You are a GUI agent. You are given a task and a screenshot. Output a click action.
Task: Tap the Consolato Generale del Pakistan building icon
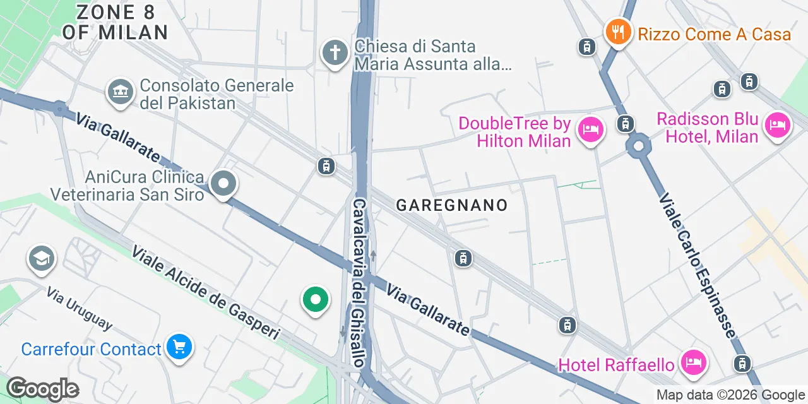coord(119,92)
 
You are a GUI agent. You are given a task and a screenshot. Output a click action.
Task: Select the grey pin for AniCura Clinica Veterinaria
coord(223,184)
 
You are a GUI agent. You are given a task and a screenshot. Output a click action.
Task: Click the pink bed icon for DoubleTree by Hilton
coord(590,130)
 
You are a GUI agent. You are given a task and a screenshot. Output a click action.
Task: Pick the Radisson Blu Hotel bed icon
coord(777,126)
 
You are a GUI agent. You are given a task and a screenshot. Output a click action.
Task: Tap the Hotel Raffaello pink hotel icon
coord(694,362)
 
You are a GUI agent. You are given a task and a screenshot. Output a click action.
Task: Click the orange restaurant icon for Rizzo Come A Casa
coord(619,31)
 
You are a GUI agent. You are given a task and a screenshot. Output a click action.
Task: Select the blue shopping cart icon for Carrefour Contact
coord(179,347)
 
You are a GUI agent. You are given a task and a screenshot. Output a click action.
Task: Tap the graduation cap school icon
coord(42,258)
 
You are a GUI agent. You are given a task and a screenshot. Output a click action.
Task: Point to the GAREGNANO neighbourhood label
coord(452,205)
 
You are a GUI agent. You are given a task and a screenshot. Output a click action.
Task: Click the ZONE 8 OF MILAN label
coord(115,22)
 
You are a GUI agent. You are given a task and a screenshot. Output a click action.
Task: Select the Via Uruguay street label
coord(80,309)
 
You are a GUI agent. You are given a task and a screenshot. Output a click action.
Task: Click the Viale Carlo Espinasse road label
coord(697,265)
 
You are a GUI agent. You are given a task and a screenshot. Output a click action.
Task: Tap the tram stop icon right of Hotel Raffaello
coord(742,363)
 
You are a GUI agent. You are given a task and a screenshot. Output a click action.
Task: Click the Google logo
coord(42,389)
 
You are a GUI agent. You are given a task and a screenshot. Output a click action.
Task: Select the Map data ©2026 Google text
coord(730,395)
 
